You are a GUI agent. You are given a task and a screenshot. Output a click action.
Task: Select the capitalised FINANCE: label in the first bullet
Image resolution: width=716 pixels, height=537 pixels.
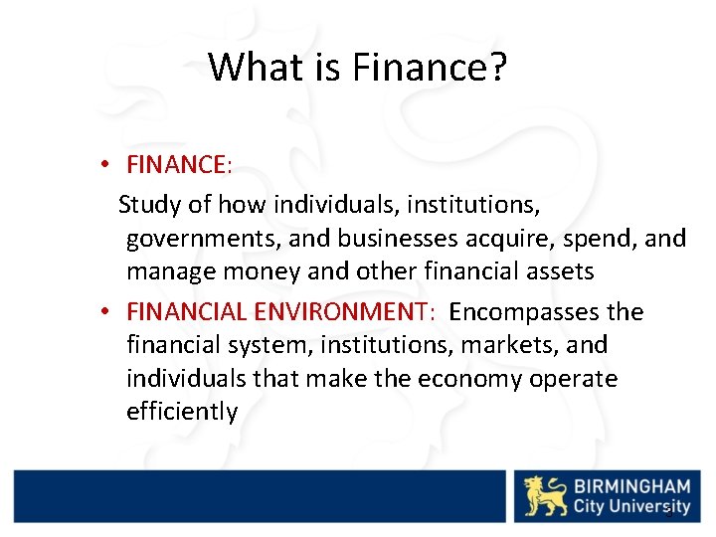pyautogui.click(x=179, y=164)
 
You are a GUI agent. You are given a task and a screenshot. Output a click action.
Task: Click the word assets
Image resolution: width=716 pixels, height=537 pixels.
pyautogui.click(x=560, y=271)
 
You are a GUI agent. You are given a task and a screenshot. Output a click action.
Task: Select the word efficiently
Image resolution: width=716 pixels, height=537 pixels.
pyautogui.click(x=182, y=412)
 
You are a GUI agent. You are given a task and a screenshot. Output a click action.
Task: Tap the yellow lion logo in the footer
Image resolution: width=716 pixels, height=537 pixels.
pyautogui.click(x=546, y=495)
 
